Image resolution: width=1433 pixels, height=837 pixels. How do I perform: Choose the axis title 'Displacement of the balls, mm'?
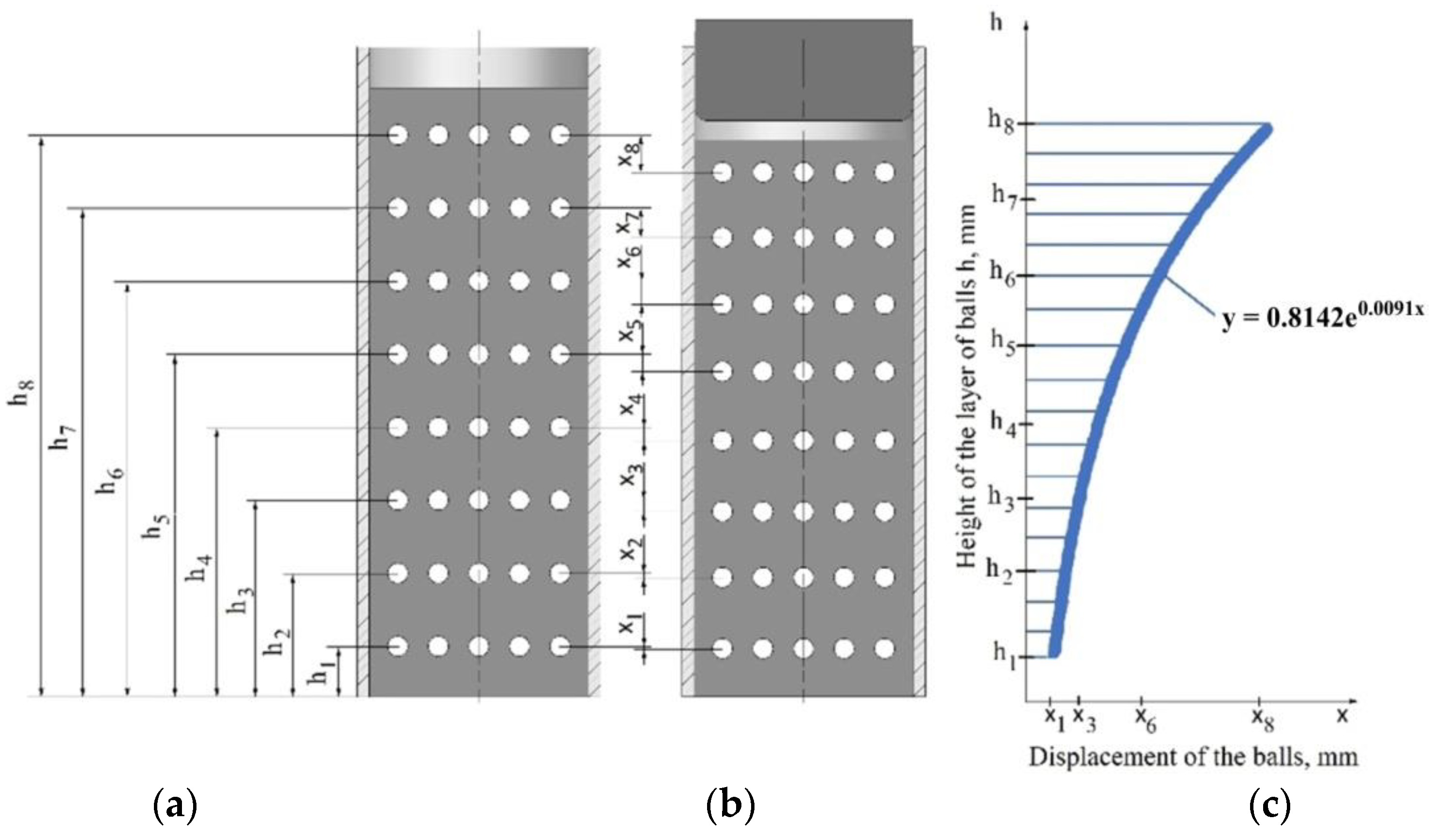1193,758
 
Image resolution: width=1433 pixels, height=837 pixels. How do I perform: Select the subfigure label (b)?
730,806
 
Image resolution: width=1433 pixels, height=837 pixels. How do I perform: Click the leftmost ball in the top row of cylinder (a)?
397,136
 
